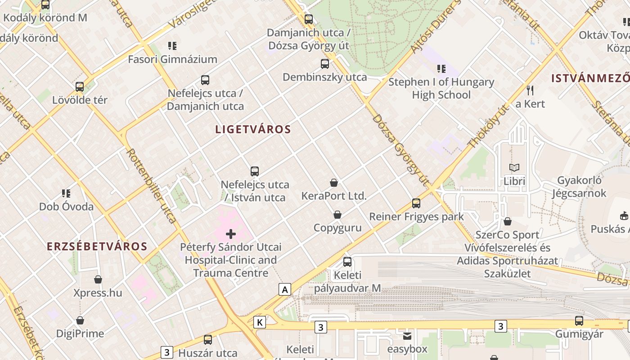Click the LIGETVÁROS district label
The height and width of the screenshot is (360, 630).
253,130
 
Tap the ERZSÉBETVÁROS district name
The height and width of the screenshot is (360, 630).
97,247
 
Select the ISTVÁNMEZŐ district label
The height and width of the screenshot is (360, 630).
590,78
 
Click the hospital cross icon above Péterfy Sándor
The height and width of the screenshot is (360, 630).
231,234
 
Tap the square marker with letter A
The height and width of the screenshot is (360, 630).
284,289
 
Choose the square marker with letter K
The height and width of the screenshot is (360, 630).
260,322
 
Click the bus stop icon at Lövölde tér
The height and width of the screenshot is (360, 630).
80,86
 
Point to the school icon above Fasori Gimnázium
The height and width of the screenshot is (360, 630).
172,45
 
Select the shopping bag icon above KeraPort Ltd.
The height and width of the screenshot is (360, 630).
334,183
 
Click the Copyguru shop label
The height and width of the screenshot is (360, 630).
337,228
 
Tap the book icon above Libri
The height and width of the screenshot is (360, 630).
514,167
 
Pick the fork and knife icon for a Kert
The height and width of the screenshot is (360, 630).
530,90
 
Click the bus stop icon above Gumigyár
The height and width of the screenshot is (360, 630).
579,321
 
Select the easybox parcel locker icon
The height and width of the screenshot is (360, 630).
407,336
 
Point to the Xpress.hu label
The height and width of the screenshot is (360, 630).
98,293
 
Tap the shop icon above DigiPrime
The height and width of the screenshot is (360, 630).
80,320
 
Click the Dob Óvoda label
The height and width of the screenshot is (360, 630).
66,207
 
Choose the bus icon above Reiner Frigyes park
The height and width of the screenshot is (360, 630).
416,203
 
